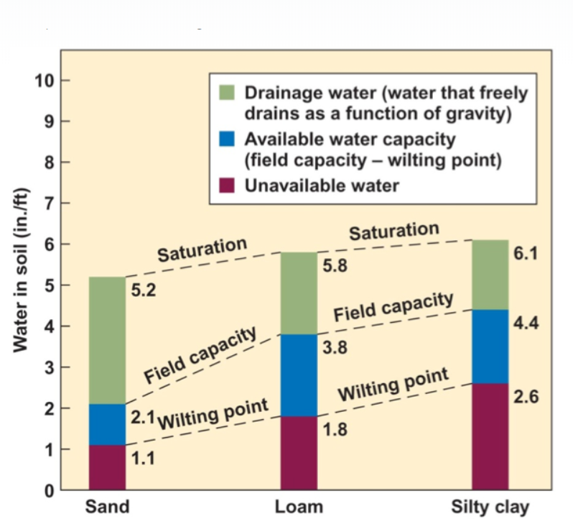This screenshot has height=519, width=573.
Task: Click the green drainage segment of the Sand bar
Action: pyautogui.click(x=107, y=340)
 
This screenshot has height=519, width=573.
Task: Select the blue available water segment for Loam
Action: pyautogui.click(x=299, y=375)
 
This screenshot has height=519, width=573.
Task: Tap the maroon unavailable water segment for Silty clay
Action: pyautogui.click(x=490, y=436)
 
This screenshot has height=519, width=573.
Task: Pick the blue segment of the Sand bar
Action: pyautogui.click(x=107, y=425)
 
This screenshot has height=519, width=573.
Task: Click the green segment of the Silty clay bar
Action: pyautogui.click(x=490, y=275)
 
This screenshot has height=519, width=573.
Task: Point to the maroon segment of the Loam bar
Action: pyautogui.click(x=299, y=454)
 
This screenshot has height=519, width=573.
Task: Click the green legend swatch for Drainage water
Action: pyautogui.click(x=227, y=93)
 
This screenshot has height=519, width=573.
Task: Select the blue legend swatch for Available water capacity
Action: pyautogui.click(x=227, y=139)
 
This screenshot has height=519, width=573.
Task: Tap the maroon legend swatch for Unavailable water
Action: pyautogui.click(x=227, y=185)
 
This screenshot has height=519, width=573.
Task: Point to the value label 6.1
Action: pyautogui.click(x=526, y=254)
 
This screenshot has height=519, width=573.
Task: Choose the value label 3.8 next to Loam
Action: pyautogui.click(x=335, y=349)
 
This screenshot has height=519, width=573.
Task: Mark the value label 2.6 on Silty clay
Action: pyautogui.click(x=526, y=397)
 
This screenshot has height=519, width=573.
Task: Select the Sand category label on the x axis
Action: pyautogui.click(x=107, y=507)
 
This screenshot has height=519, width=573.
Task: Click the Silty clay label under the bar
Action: pyautogui.click(x=490, y=507)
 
